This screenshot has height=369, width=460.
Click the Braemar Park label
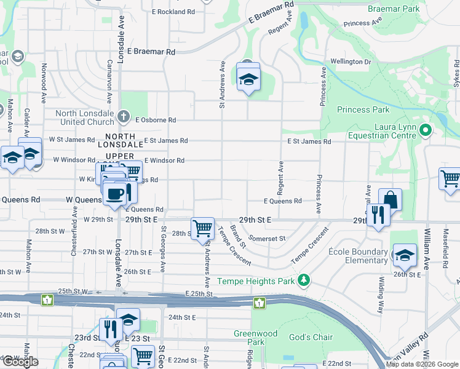pos(393,9)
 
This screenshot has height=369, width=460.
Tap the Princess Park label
pos(363,110)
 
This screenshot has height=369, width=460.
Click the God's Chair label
pos(311,337)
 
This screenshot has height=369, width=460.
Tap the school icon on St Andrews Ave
pos(248,79)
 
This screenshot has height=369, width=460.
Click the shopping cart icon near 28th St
pos(202,228)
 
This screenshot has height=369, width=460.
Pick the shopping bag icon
pos(390,199)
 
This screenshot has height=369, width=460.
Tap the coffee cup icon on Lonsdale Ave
pos(114,194)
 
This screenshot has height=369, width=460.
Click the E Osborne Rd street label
pos(156,120)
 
